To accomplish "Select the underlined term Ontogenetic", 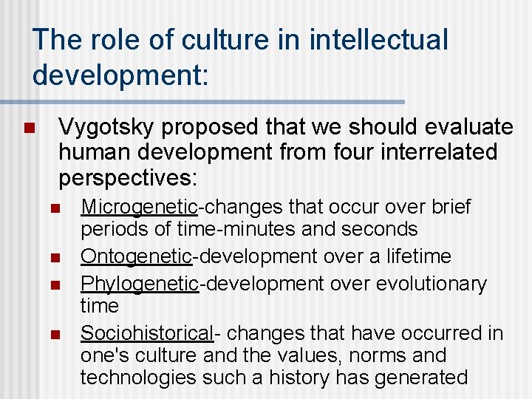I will [x=136, y=257].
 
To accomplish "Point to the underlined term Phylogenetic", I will [x=140, y=284].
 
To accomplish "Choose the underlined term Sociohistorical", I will [x=146, y=333].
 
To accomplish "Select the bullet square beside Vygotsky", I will [x=29, y=129].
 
